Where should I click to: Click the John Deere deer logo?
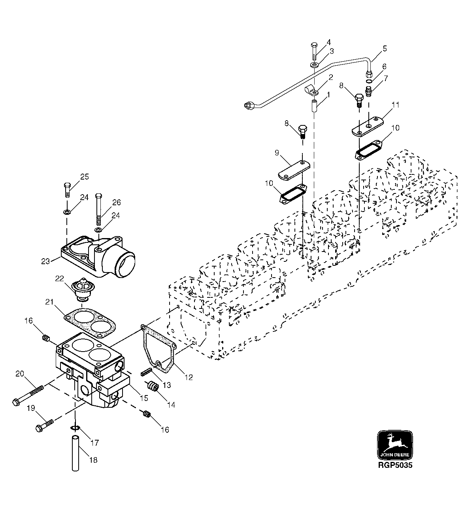pyautogui.click(x=395, y=445)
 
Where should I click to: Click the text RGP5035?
pyautogui.click(x=395, y=465)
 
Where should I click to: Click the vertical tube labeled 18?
pyautogui.click(x=76, y=453)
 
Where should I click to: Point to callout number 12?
pyautogui.click(x=189, y=377)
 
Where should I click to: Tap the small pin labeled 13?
pyautogui.click(x=146, y=373)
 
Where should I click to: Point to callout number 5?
pyautogui.click(x=384, y=49)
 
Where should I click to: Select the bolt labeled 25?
pyautogui.click(x=67, y=190)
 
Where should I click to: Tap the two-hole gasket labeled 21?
pyautogui.click(x=90, y=320)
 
